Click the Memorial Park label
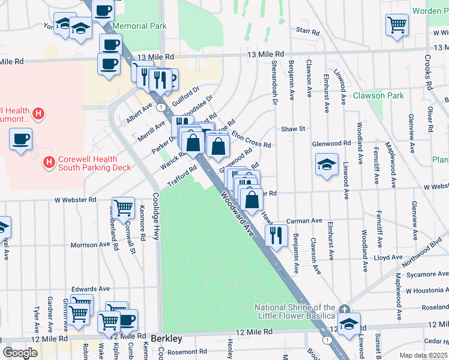tap(139, 26)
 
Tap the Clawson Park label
tap(378, 95)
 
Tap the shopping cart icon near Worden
tap(397, 25)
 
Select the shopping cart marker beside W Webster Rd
tap(123, 208)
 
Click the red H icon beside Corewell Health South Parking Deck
tap(49, 161)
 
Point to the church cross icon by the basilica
tap(343, 309)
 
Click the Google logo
tap(19, 353)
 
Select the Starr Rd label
tap(303, 29)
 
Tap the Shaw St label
tap(294, 128)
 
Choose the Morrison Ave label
tap(91, 245)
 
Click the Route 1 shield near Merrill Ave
tap(161, 107)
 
